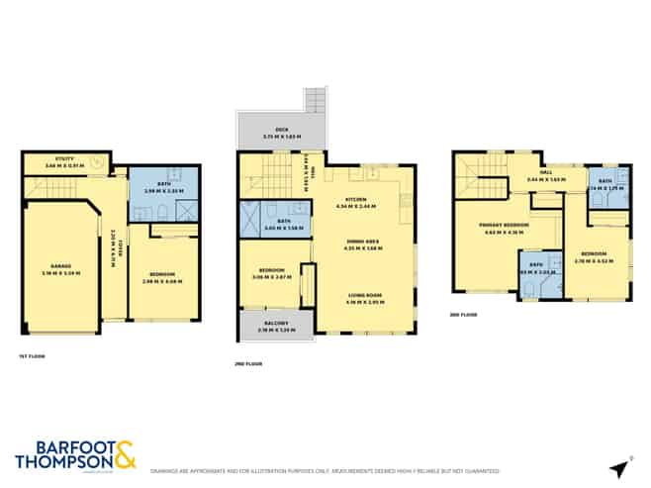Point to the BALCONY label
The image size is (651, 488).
click(272, 324)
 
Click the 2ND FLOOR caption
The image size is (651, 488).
click(247, 365)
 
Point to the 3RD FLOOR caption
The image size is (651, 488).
click(463, 314)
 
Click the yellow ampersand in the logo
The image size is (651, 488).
click(126, 456)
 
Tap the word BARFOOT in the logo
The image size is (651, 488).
click(62, 447)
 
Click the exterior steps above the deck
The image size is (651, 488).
click(316, 99)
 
